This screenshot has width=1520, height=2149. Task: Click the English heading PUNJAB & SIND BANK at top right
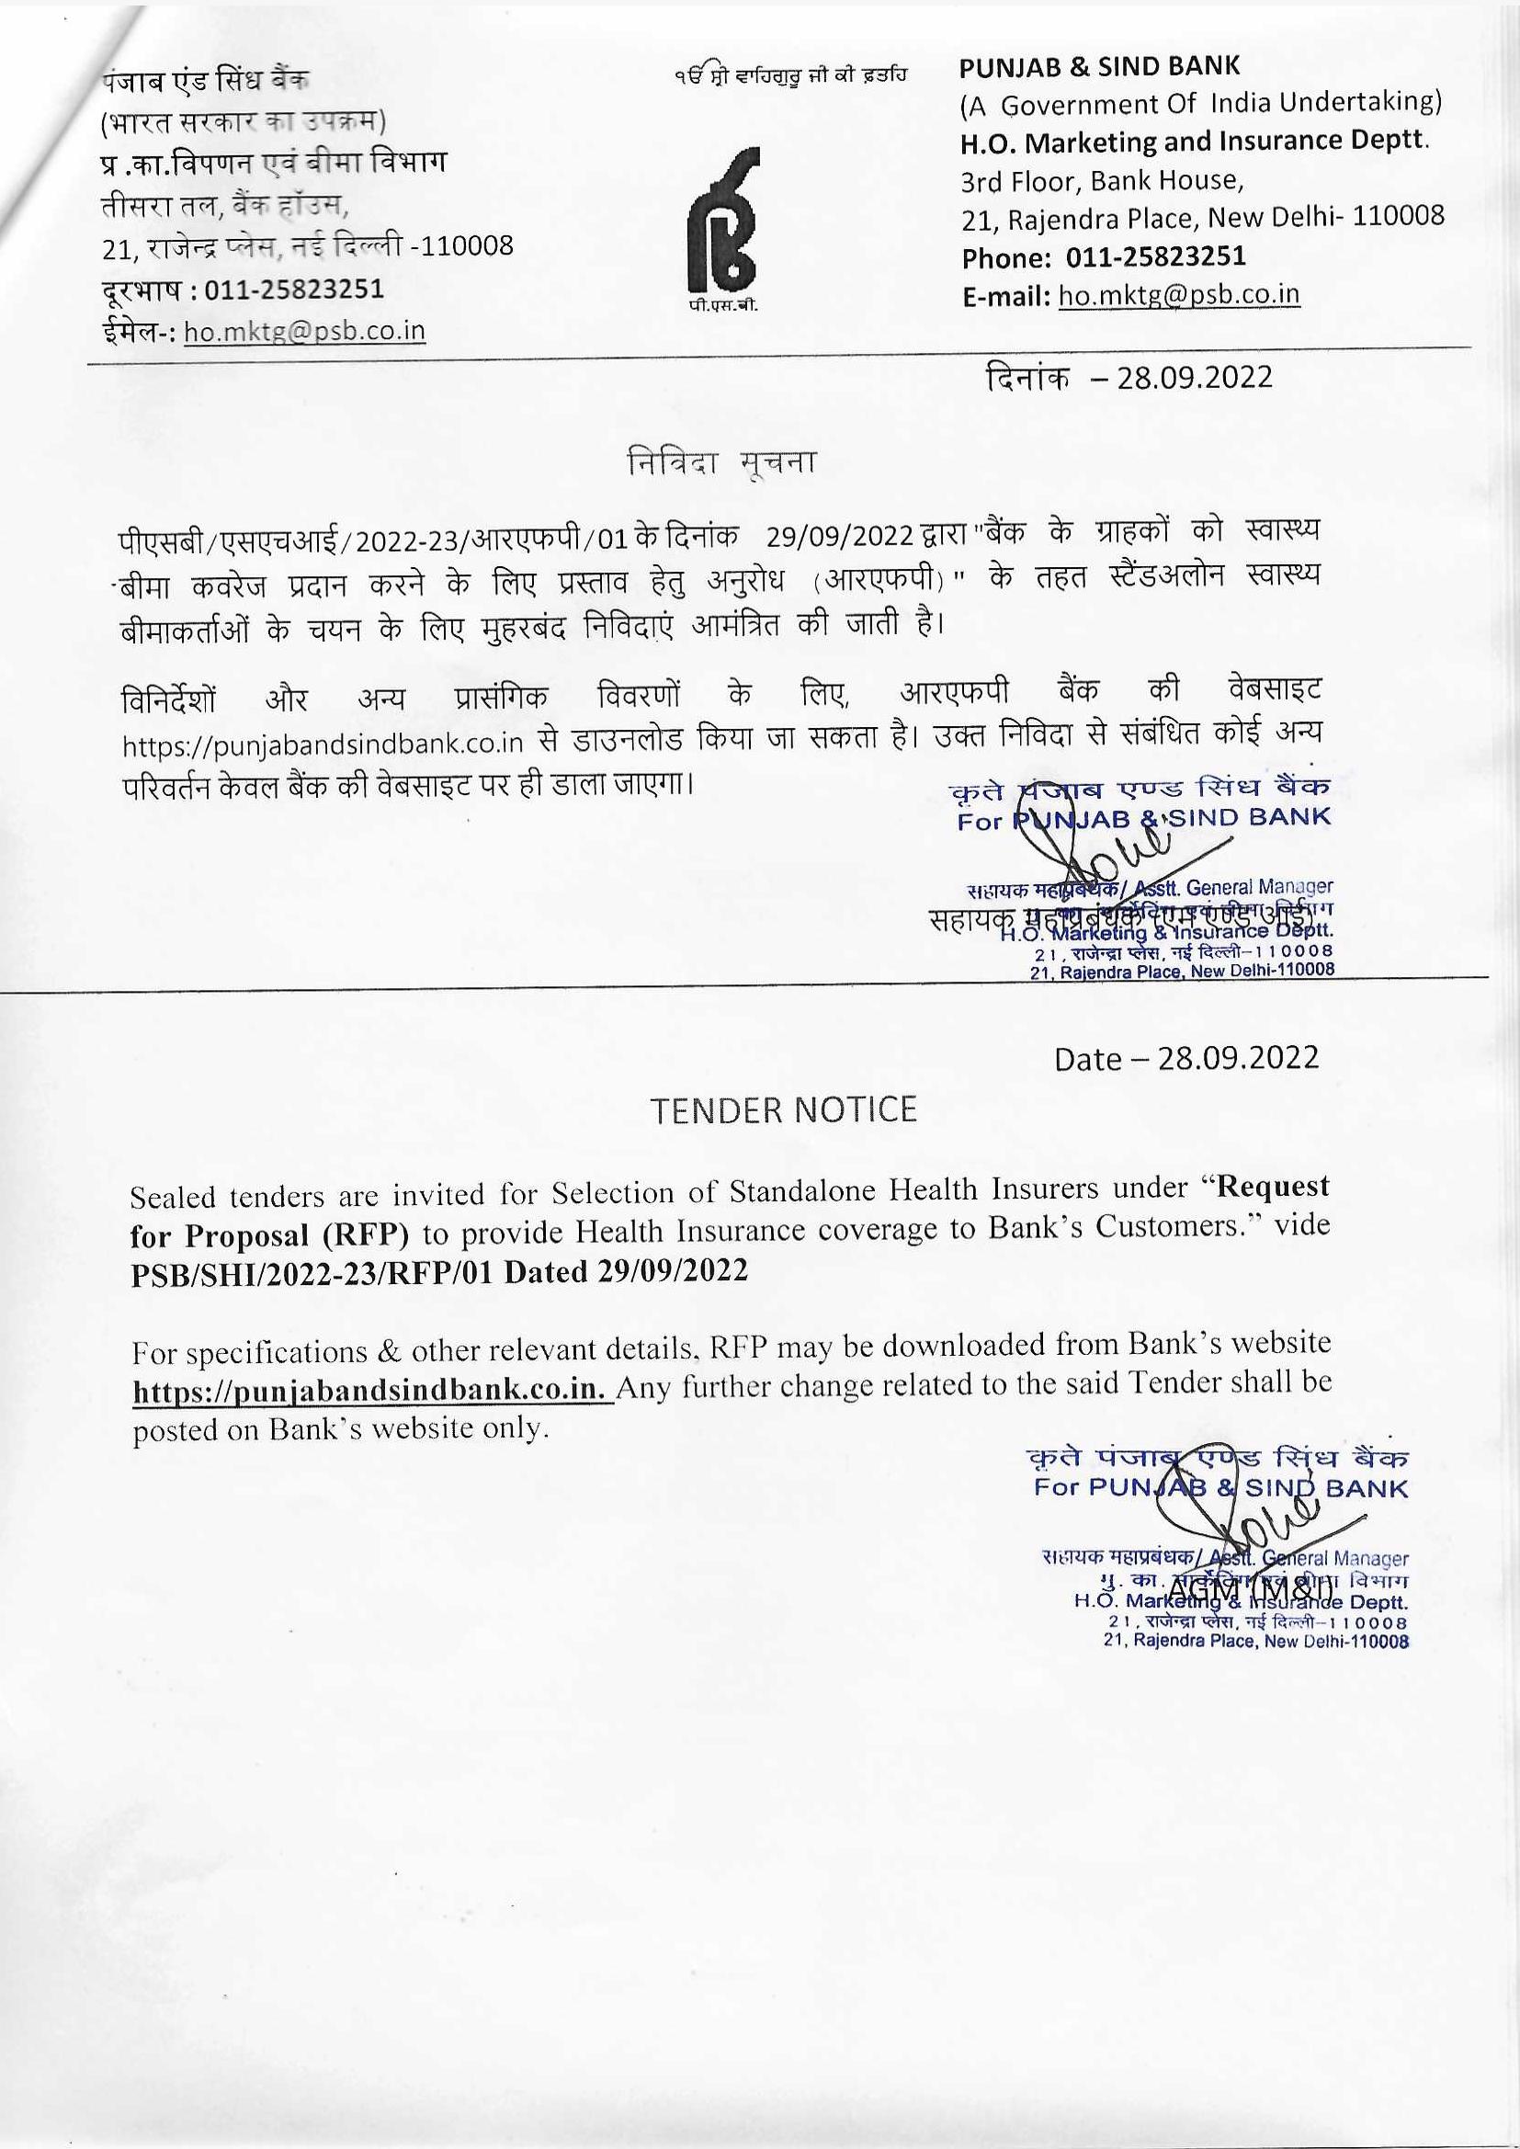(x=1099, y=66)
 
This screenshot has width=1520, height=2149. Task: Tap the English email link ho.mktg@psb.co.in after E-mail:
(x=1178, y=295)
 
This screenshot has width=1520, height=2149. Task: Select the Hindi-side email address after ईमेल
(x=304, y=331)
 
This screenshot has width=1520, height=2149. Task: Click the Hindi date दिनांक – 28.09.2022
(x=1128, y=377)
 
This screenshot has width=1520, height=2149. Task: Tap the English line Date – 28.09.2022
(x=1185, y=1059)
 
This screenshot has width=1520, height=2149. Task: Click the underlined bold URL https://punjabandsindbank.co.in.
(x=370, y=1389)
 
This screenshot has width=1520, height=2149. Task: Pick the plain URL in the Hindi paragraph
(x=322, y=745)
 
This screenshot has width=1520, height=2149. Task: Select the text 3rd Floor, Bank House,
(x=1102, y=180)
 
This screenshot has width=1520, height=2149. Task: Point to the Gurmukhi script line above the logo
(x=790, y=74)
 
